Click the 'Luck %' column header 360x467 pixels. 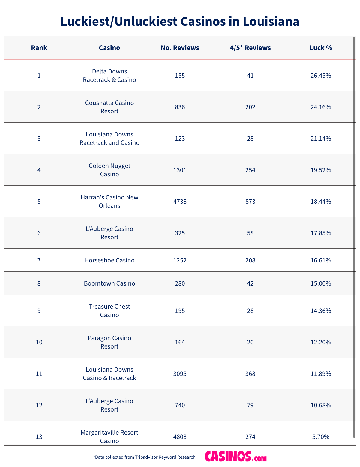pos(321,48)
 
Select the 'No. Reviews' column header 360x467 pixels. pos(180,48)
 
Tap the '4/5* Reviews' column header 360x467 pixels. pos(250,48)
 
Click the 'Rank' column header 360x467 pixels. pos(39,48)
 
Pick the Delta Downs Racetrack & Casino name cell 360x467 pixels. pos(109,76)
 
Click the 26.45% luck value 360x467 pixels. pos(321,76)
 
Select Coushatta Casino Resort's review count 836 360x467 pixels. pos(180,107)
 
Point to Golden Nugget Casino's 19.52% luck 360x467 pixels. pos(321,170)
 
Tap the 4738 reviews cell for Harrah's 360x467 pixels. pos(180,202)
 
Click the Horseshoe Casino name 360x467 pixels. pos(109,260)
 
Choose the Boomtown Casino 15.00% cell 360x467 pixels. pos(321,283)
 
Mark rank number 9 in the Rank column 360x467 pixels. pos(39,311)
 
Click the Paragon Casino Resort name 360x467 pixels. pos(109,342)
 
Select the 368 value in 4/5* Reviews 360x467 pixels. pos(250,374)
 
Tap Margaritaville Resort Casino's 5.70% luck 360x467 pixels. pos(321,437)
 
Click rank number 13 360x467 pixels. pos(39,437)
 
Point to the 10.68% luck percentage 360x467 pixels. pos(321,405)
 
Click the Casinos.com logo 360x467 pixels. pos(236,457)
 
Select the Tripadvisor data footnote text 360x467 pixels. pos(144,457)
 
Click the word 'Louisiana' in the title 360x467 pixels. pos(271,22)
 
